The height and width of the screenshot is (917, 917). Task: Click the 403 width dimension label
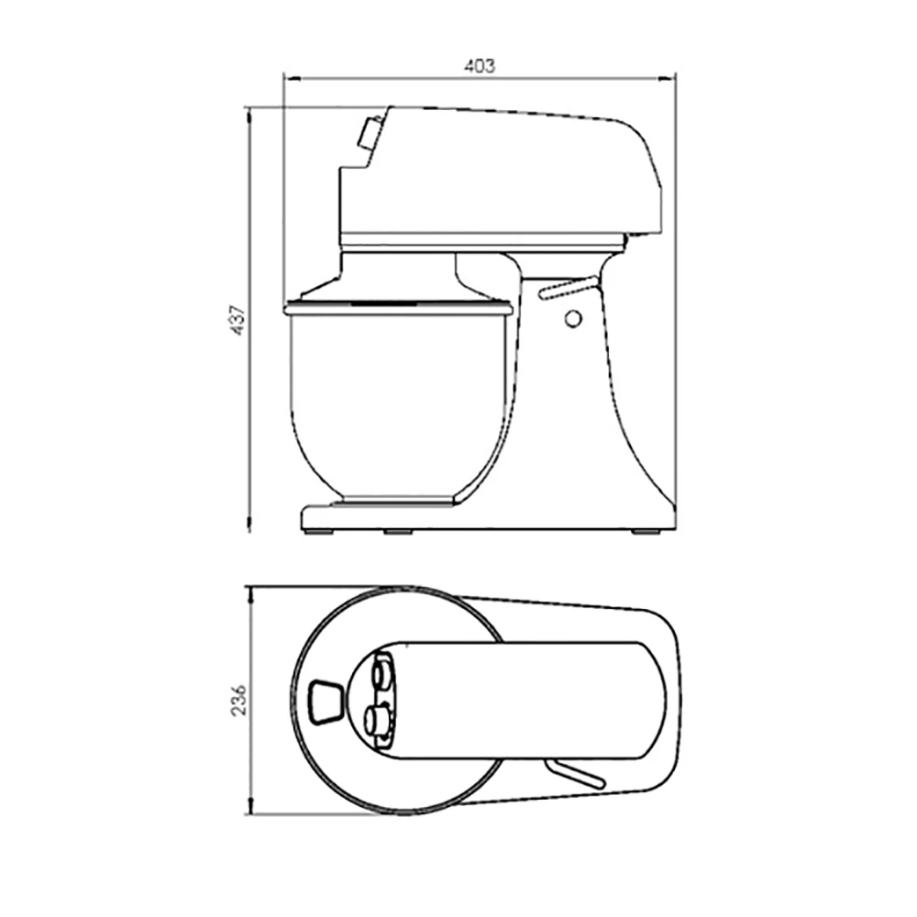tap(480, 66)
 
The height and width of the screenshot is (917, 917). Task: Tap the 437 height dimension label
tap(238, 319)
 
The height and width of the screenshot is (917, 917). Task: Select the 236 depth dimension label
tap(238, 700)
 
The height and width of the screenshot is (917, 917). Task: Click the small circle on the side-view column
tap(573, 318)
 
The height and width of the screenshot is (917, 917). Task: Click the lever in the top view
tap(574, 774)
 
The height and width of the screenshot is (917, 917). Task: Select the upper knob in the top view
tap(383, 673)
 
